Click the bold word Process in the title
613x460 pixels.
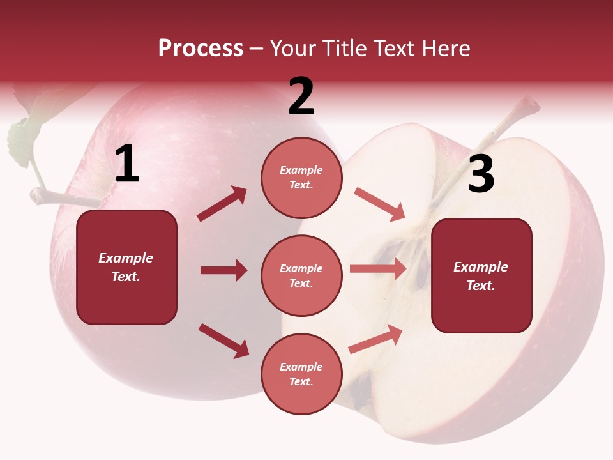click(x=201, y=48)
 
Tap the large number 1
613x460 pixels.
click(x=127, y=164)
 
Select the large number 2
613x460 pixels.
click(x=301, y=96)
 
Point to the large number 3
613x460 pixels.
click(x=481, y=174)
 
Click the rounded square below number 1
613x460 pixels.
click(x=126, y=267)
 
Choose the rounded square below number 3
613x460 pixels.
click(x=481, y=275)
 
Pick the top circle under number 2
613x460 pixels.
click(x=301, y=178)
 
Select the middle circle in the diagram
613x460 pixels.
click(x=301, y=275)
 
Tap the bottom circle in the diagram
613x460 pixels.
click(x=301, y=374)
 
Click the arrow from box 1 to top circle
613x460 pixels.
click(x=222, y=204)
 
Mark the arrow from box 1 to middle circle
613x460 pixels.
click(x=223, y=270)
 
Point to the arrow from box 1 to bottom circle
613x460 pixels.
click(x=223, y=340)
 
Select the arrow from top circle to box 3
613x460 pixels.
click(x=380, y=204)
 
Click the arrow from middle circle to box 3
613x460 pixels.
click(x=378, y=269)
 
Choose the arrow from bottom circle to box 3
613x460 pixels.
click(x=375, y=339)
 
